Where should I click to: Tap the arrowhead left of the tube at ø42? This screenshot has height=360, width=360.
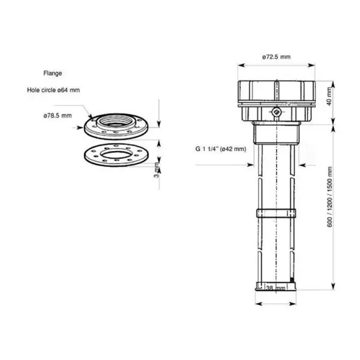click(x=253, y=165)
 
